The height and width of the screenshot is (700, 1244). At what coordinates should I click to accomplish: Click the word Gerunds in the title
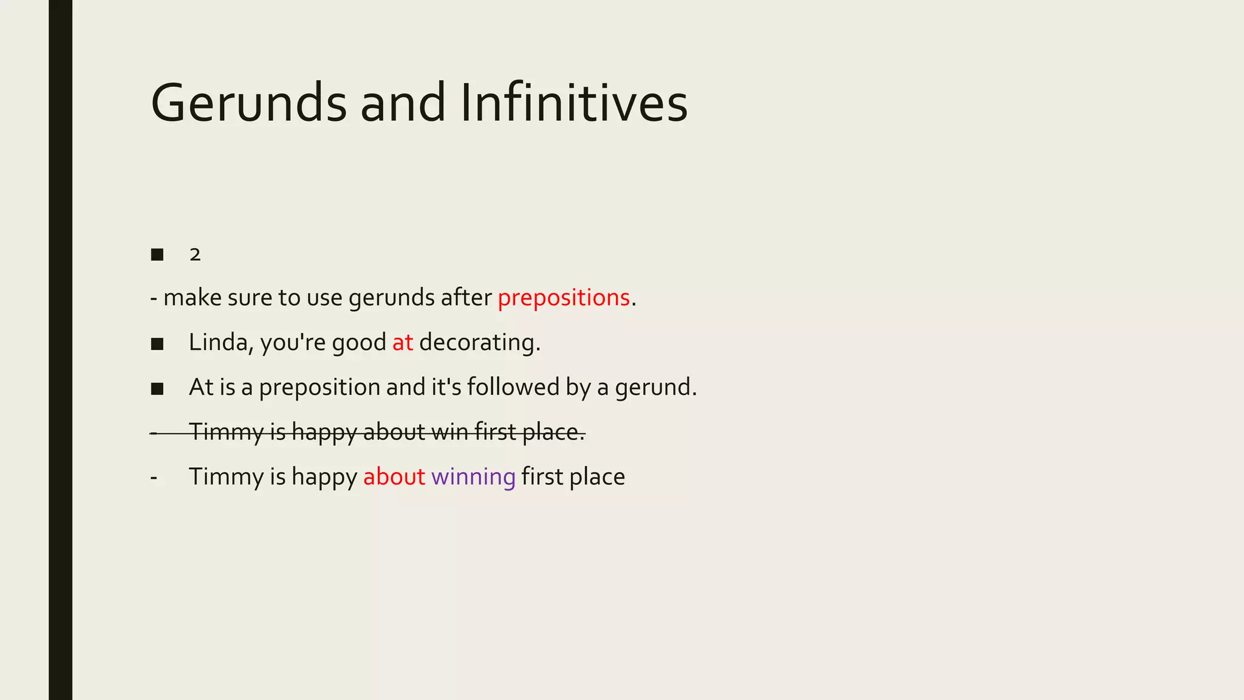(248, 103)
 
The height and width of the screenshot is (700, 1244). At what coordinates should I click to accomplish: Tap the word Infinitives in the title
(573, 103)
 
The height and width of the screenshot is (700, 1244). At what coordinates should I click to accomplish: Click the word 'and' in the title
(403, 103)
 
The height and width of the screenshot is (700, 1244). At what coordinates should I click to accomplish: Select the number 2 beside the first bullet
(194, 255)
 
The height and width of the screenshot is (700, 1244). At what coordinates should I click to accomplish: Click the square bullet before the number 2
(157, 255)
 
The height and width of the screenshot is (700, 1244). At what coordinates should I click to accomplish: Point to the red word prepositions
(563, 298)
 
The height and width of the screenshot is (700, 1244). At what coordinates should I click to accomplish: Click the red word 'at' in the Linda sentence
(402, 343)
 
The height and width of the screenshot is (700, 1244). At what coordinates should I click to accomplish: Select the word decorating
(479, 343)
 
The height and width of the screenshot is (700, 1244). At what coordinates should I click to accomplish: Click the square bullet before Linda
(157, 344)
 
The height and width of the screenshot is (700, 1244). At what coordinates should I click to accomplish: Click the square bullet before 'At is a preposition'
(157, 389)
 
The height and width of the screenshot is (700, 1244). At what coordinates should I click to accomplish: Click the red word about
(394, 477)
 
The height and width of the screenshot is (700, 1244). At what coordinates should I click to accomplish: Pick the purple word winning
(473, 477)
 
